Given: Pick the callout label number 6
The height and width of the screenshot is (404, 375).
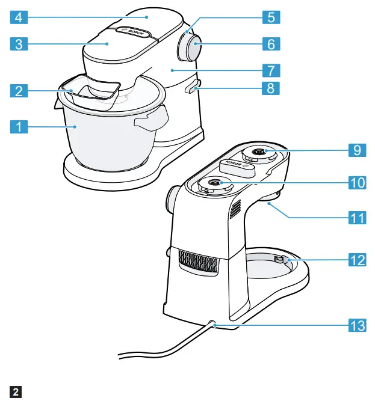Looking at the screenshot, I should [x=271, y=44].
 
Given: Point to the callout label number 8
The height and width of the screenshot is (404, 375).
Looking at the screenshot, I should [x=271, y=88].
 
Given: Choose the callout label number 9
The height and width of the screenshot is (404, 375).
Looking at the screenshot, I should [x=357, y=150].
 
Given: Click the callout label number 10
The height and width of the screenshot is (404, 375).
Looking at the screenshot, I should [x=357, y=182].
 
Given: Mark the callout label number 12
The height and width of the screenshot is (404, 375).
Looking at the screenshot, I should [x=357, y=260].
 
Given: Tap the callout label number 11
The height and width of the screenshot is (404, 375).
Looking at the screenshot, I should [x=357, y=218].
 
